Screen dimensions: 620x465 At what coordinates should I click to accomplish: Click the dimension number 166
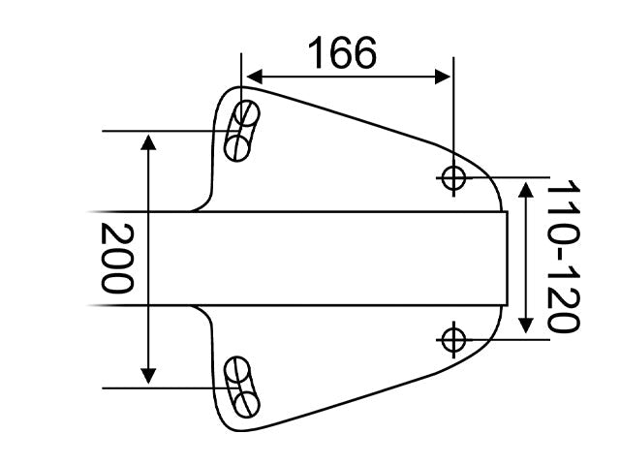(x=342, y=52)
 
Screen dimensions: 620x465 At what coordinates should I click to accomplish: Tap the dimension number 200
(x=117, y=258)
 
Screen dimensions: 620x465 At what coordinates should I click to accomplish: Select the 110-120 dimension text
(x=563, y=256)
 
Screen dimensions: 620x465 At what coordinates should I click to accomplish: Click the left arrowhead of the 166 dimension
(x=254, y=77)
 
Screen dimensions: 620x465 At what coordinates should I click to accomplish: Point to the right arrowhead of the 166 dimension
(x=443, y=77)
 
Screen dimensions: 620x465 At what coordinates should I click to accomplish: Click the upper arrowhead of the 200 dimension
(x=148, y=142)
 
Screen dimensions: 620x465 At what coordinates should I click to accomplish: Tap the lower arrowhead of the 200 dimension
(x=148, y=376)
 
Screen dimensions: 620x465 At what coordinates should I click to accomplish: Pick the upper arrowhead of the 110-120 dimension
(x=525, y=190)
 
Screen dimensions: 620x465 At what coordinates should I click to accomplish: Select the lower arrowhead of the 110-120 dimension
(x=525, y=325)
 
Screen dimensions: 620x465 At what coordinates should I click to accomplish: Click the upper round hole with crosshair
(x=453, y=178)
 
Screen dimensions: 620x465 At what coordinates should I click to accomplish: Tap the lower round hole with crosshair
(x=453, y=340)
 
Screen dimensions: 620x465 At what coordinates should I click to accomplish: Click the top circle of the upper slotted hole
(x=247, y=113)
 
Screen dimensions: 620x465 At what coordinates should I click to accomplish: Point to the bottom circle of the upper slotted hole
(x=236, y=148)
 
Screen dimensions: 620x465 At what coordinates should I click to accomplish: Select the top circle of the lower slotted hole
(x=236, y=369)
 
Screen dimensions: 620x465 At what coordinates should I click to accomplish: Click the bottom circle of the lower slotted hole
(x=247, y=405)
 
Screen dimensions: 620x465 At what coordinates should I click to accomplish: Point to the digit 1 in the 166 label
(x=317, y=52)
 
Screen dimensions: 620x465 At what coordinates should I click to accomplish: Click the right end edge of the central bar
(x=508, y=259)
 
